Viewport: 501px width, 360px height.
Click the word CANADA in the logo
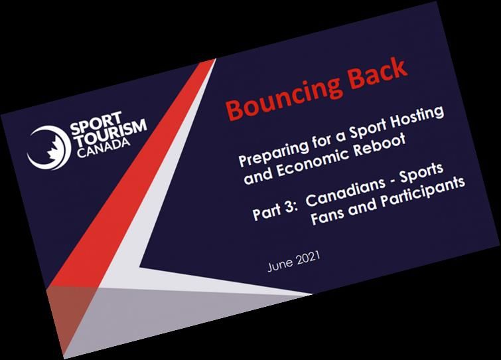pyautogui.click(x=104, y=148)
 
